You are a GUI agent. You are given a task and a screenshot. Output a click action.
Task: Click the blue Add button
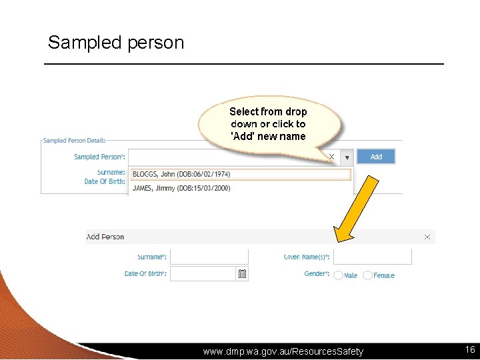pyautogui.click(x=376, y=157)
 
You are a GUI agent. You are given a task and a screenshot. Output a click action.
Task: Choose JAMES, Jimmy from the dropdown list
pyautogui.click(x=181, y=188)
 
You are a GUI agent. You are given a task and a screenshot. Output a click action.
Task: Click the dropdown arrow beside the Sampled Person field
pyautogui.click(x=347, y=157)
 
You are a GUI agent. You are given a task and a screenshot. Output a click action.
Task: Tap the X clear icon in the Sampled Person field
pyautogui.click(x=331, y=157)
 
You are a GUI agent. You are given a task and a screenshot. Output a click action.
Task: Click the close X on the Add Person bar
pyautogui.click(x=427, y=237)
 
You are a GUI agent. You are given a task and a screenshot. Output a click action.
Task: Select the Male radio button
pyautogui.click(x=339, y=275)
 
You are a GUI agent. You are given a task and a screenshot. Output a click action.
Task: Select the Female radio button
pyautogui.click(x=368, y=275)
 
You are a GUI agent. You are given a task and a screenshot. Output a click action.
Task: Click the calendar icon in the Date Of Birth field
pyautogui.click(x=242, y=274)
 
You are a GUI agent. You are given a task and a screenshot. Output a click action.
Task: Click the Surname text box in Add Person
pyautogui.click(x=209, y=257)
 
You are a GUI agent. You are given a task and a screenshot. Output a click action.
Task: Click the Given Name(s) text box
pyautogui.click(x=372, y=257)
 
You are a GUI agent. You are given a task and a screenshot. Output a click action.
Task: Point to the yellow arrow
pyautogui.click(x=356, y=207)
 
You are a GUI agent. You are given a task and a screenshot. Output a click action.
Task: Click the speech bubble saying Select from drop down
pyautogui.click(x=268, y=124)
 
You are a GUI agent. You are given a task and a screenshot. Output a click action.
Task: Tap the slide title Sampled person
pyautogui.click(x=116, y=43)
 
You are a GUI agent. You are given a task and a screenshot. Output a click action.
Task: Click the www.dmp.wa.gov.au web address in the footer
pyautogui.click(x=283, y=351)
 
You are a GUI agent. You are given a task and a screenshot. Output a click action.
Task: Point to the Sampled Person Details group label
pyautogui.click(x=74, y=141)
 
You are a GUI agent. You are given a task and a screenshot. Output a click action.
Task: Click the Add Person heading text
pyautogui.click(x=105, y=237)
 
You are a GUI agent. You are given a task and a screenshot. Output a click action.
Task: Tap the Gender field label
pyautogui.click(x=317, y=274)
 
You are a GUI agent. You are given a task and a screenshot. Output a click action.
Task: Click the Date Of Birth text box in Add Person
pyautogui.click(x=203, y=274)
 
